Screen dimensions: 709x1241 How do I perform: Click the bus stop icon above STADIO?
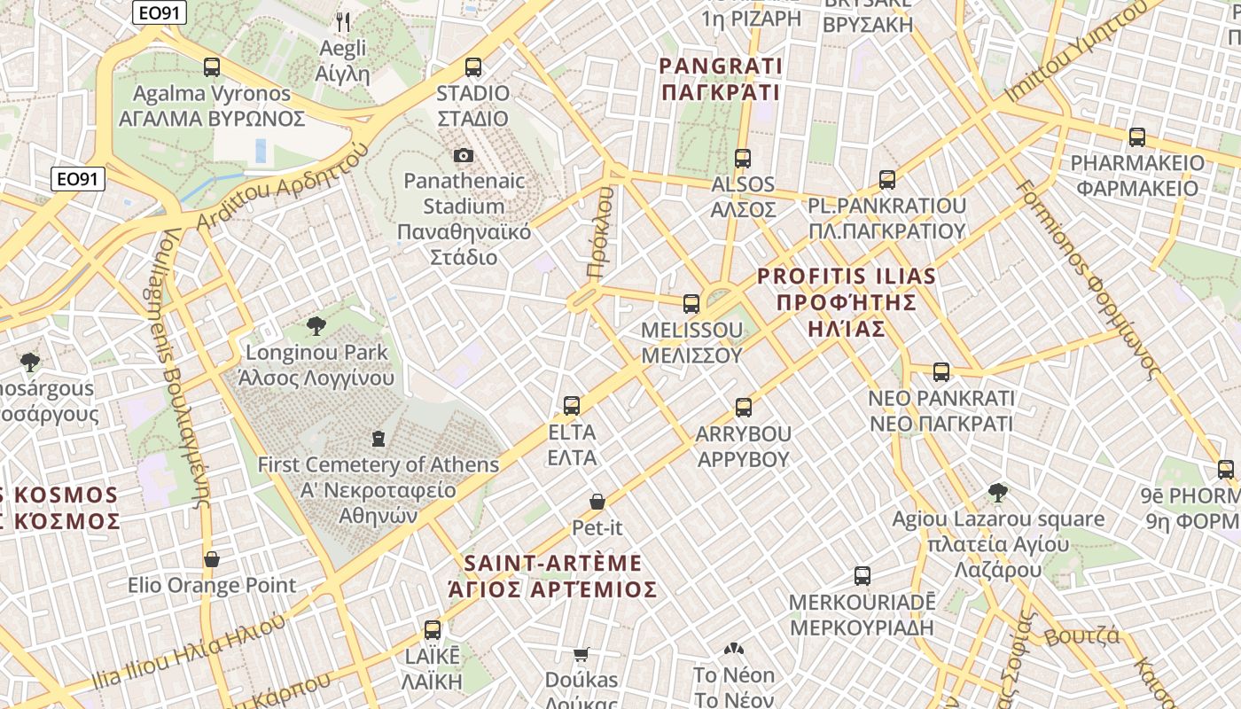tap(473, 66)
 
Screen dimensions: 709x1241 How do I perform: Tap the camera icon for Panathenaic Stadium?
tap(463, 156)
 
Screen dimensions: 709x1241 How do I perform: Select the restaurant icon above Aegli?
tap(343, 21)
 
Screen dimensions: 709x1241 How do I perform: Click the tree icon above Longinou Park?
tap(316, 326)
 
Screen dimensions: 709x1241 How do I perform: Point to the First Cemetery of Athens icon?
tap(379, 438)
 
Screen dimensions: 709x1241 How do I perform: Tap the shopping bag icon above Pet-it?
tap(597, 502)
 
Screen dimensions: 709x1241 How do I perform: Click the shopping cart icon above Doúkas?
tap(581, 654)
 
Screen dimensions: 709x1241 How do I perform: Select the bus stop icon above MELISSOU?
tap(691, 304)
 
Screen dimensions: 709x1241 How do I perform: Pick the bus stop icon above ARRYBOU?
tap(743, 408)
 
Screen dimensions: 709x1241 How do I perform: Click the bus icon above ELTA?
tap(572, 406)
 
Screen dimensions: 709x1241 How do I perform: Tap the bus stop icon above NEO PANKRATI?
tap(941, 372)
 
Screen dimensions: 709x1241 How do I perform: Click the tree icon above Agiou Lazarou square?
tap(998, 493)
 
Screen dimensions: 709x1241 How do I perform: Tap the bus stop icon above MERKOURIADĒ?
tap(862, 576)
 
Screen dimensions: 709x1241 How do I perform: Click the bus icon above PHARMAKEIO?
tap(1136, 137)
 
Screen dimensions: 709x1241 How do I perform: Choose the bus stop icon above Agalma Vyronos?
tap(211, 66)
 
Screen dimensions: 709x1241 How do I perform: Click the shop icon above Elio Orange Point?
tap(212, 559)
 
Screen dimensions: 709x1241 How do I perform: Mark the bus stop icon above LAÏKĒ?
tap(433, 630)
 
